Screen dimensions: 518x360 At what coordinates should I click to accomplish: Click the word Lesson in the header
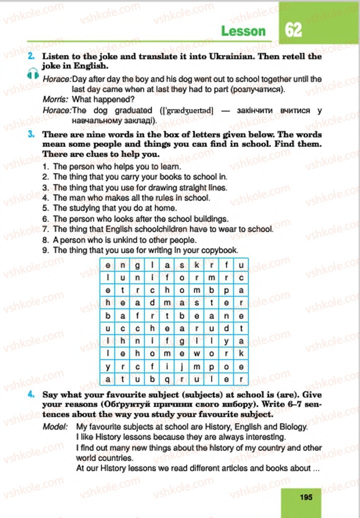pos(243,31)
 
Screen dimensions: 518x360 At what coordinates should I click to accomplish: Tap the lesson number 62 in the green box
pos(293,29)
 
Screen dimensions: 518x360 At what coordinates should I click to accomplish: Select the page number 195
pos(306,497)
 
